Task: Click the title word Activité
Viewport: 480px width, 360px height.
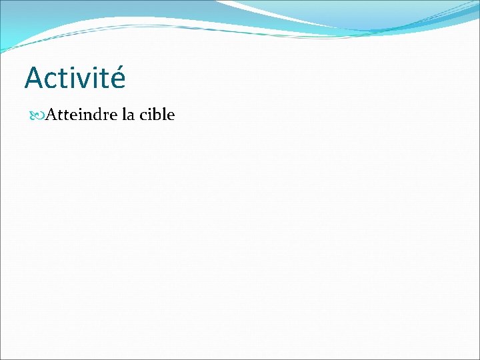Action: [75, 78]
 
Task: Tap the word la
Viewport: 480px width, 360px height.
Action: [129, 115]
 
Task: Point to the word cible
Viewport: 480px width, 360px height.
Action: [157, 115]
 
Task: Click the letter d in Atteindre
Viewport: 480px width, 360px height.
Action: [96, 115]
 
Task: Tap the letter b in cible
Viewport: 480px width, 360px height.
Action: [159, 115]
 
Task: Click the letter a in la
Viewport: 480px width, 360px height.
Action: [132, 116]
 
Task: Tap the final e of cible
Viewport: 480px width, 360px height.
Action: [171, 116]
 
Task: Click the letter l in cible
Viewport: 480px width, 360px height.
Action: [165, 115]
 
